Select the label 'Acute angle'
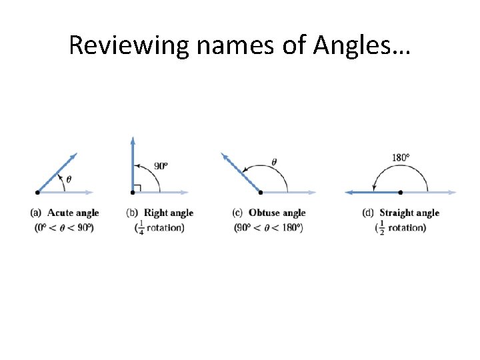pos(73,213)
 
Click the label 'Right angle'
pos(169,213)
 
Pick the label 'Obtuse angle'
pos(277,213)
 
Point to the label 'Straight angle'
pos(409,213)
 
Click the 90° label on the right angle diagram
pos(161,166)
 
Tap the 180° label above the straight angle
pos(401,158)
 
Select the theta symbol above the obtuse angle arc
pos(273,161)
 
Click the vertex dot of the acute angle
pos(38,192)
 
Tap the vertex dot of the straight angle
pos(400,192)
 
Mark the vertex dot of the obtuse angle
pos(260,192)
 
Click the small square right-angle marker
pos(137,188)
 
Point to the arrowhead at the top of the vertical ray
pos(133,140)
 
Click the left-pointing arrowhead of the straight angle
pos(349,192)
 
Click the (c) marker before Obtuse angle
pos(237,213)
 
